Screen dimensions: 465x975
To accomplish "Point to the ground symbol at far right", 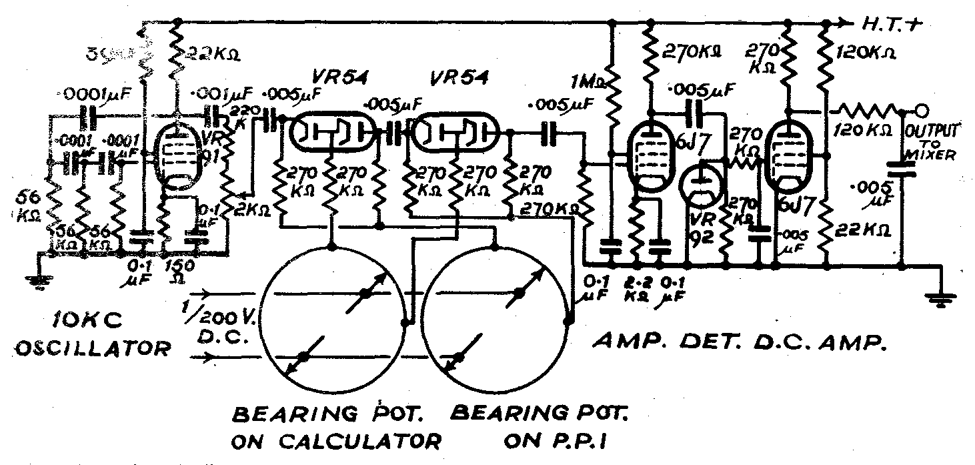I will [941, 301].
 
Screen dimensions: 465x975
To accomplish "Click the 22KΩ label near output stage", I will [864, 228].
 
